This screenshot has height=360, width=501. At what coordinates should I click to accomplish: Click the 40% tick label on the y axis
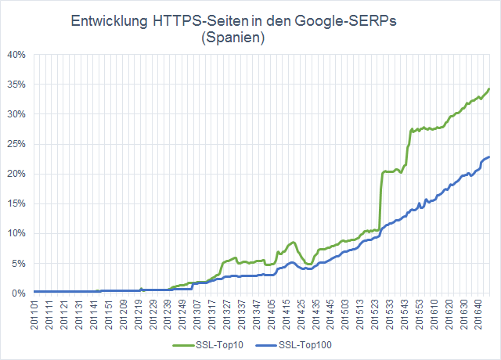pyautogui.click(x=17, y=55)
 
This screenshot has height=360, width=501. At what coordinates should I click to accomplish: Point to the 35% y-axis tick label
pyautogui.click(x=17, y=85)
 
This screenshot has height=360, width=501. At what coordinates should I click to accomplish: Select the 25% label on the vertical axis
pyautogui.click(x=17, y=144)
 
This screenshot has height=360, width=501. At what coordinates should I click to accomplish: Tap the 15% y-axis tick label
pyautogui.click(x=17, y=203)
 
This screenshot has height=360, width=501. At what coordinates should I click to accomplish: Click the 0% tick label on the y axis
pyautogui.click(x=20, y=293)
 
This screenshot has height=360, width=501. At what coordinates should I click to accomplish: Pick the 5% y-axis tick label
pyautogui.click(x=20, y=263)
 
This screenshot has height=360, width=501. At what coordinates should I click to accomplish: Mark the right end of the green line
pyautogui.click(x=489, y=88)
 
